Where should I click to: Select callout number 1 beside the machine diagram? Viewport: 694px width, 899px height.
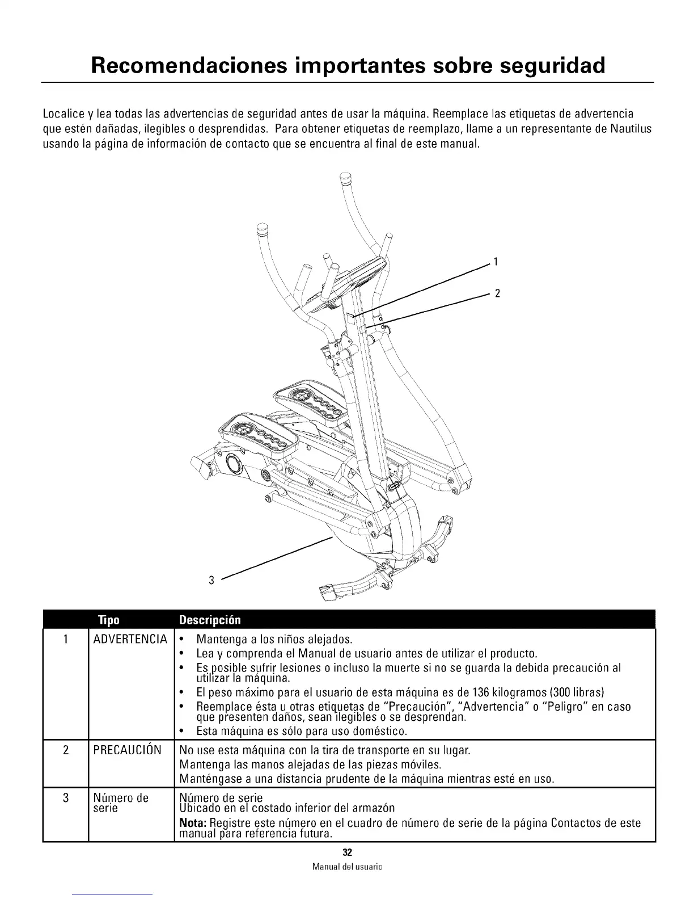pos(496,262)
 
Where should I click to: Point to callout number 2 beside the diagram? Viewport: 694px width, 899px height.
pos(497,293)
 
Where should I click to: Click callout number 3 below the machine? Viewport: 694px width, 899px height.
pos(211,579)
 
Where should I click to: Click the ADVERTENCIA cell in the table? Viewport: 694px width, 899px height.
pos(130,640)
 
